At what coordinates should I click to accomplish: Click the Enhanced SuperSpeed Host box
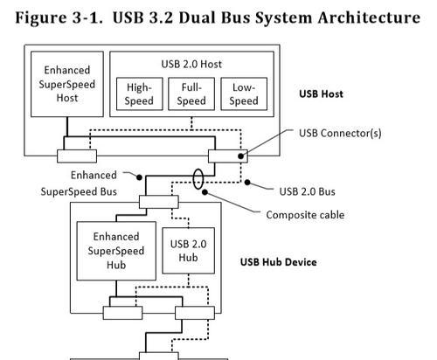click(67, 84)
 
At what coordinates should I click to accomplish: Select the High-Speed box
click(139, 93)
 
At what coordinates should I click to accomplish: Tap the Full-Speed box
click(191, 93)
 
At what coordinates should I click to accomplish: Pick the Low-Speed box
click(244, 93)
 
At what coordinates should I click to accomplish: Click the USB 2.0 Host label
click(191, 64)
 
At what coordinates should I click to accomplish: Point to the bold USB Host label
click(321, 93)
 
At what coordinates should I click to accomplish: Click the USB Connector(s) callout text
click(340, 133)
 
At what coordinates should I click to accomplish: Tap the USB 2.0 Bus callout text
click(307, 191)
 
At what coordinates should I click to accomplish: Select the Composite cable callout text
click(305, 215)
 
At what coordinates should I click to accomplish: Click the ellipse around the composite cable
click(193, 179)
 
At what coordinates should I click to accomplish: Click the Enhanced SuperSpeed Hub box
click(116, 251)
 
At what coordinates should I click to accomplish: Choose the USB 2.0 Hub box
click(188, 251)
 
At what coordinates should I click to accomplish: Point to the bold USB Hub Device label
click(278, 262)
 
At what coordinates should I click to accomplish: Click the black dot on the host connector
click(240, 156)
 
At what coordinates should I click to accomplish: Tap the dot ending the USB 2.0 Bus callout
click(247, 183)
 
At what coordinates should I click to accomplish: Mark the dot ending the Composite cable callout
click(205, 192)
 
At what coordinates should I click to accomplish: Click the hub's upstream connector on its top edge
click(159, 202)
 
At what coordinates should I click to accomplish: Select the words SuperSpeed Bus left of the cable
click(79, 191)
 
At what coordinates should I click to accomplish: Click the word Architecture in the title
click(369, 17)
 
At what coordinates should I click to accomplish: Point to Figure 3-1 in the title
click(59, 17)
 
